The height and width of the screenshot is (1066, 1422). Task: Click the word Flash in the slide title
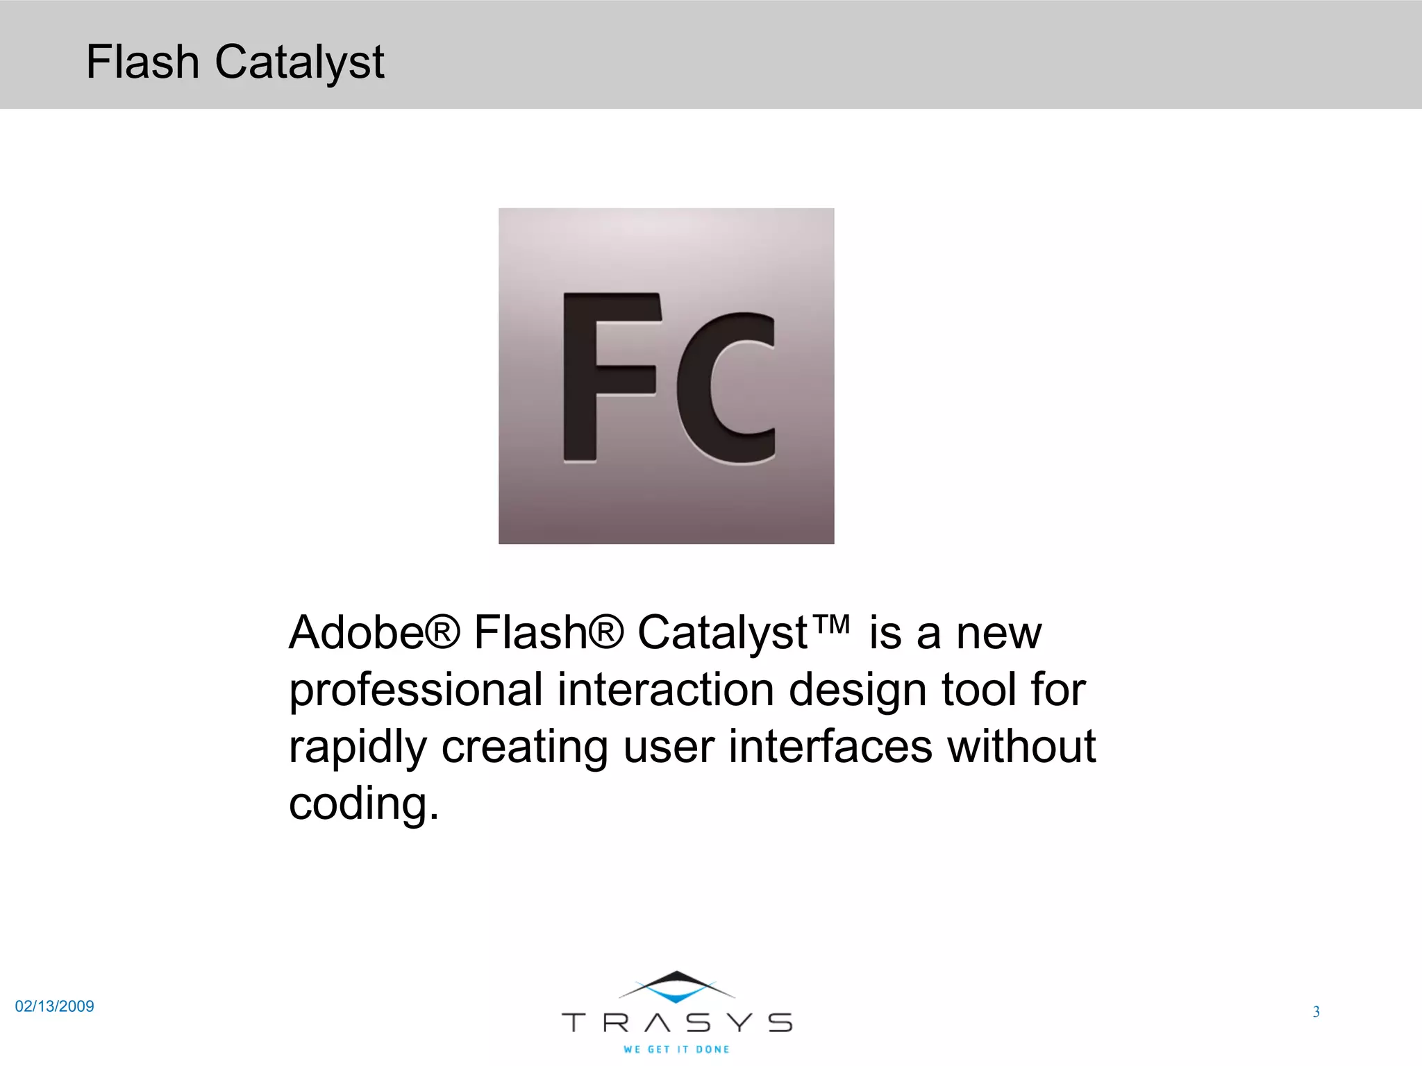142,62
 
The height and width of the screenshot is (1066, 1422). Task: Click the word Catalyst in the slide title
299,63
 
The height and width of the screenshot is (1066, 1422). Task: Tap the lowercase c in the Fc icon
726,389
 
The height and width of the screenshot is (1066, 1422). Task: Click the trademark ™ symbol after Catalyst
830,624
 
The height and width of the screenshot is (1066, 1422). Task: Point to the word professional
416,691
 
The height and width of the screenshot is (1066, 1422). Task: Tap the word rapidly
358,748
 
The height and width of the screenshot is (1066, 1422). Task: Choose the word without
1021,747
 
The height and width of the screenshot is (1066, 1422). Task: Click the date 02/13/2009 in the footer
55,1006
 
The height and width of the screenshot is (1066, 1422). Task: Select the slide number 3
1316,1012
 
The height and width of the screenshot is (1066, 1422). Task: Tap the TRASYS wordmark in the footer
677,1022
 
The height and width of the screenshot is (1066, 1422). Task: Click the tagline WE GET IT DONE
677,1049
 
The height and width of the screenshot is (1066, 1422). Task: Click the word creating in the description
525,748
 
